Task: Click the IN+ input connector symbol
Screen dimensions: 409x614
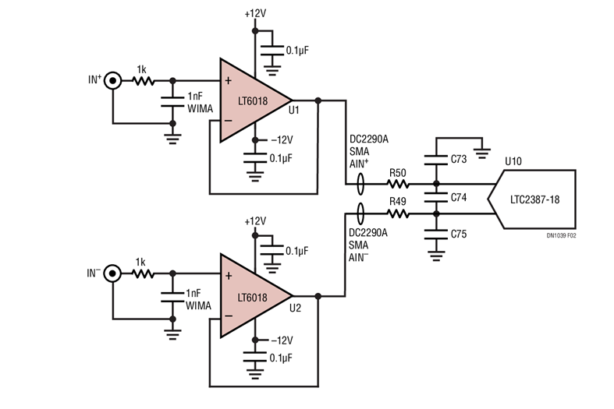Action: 113,79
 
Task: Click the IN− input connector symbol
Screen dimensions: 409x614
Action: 113,273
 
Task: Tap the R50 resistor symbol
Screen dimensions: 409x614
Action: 398,185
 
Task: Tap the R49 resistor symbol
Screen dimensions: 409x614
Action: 398,210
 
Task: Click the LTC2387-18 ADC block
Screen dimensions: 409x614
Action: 534,198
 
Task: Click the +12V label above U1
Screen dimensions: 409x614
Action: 254,14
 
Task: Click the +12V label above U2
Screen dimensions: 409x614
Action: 254,221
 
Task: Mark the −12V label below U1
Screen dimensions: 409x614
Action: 280,140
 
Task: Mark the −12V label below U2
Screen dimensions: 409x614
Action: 280,340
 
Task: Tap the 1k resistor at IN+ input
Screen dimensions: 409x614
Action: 144,79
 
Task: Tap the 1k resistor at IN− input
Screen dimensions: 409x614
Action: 144,273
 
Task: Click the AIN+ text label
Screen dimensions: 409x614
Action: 360,164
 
